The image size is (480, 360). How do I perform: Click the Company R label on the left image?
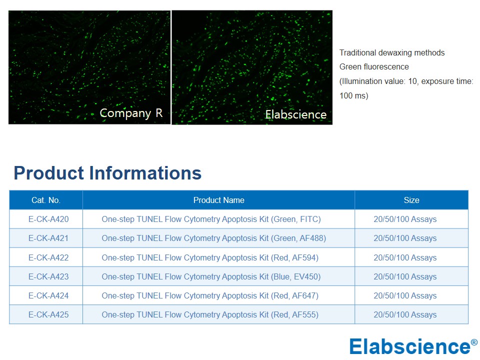131,113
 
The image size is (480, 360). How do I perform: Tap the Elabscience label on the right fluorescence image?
295,114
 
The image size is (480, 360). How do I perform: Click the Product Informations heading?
107,173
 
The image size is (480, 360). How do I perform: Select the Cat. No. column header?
46,200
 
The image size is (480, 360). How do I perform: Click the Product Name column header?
218,200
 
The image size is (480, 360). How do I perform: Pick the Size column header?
411,200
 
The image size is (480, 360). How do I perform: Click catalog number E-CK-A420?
48,219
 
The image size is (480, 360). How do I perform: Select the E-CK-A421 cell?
48,238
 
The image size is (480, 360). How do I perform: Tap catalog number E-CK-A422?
48,258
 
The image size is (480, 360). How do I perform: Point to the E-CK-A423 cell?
48,276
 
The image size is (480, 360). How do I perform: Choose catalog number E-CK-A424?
48,295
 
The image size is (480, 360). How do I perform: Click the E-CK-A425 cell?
48,314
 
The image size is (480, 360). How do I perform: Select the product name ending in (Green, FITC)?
211,219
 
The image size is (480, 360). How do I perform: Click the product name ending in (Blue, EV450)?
211,276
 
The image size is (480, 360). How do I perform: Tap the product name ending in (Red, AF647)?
210,295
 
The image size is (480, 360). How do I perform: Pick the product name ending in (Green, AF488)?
213,238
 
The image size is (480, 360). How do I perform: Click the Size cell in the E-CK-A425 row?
405,314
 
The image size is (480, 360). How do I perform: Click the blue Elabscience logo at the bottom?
413,346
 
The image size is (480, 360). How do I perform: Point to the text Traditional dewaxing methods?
392,52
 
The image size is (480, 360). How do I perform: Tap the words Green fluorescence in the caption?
374,66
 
